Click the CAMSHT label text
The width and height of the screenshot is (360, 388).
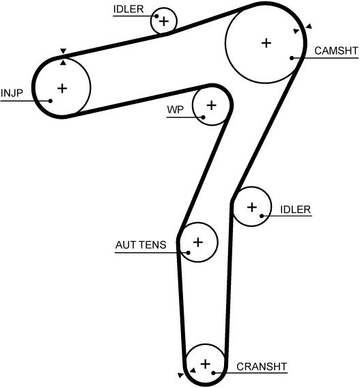click(x=336, y=51)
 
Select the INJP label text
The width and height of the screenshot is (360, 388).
click(x=12, y=94)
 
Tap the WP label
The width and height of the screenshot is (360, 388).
click(x=176, y=109)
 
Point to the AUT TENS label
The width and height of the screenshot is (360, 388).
click(x=141, y=245)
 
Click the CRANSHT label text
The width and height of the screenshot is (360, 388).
click(x=262, y=366)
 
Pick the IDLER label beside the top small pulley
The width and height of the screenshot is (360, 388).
click(x=128, y=9)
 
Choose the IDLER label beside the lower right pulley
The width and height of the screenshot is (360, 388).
click(x=295, y=210)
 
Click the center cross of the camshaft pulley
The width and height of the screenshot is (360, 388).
click(x=266, y=43)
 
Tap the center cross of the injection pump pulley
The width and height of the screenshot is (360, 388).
click(x=62, y=88)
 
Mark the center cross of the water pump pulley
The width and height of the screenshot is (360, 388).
click(x=212, y=105)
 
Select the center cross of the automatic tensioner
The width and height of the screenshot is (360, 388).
click(x=197, y=242)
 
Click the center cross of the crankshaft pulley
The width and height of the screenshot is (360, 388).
click(x=206, y=364)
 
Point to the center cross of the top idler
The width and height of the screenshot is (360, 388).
click(x=164, y=21)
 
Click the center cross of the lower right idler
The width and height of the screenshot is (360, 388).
click(x=252, y=207)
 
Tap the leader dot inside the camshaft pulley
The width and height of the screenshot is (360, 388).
click(x=292, y=58)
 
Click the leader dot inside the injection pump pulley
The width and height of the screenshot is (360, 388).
click(x=51, y=100)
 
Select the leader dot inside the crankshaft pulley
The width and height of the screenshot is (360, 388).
click(x=213, y=373)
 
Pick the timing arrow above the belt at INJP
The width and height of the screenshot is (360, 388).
click(x=64, y=51)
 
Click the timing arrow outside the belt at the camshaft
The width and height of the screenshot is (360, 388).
click(x=309, y=26)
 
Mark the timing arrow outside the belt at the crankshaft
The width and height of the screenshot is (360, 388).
click(x=181, y=375)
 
